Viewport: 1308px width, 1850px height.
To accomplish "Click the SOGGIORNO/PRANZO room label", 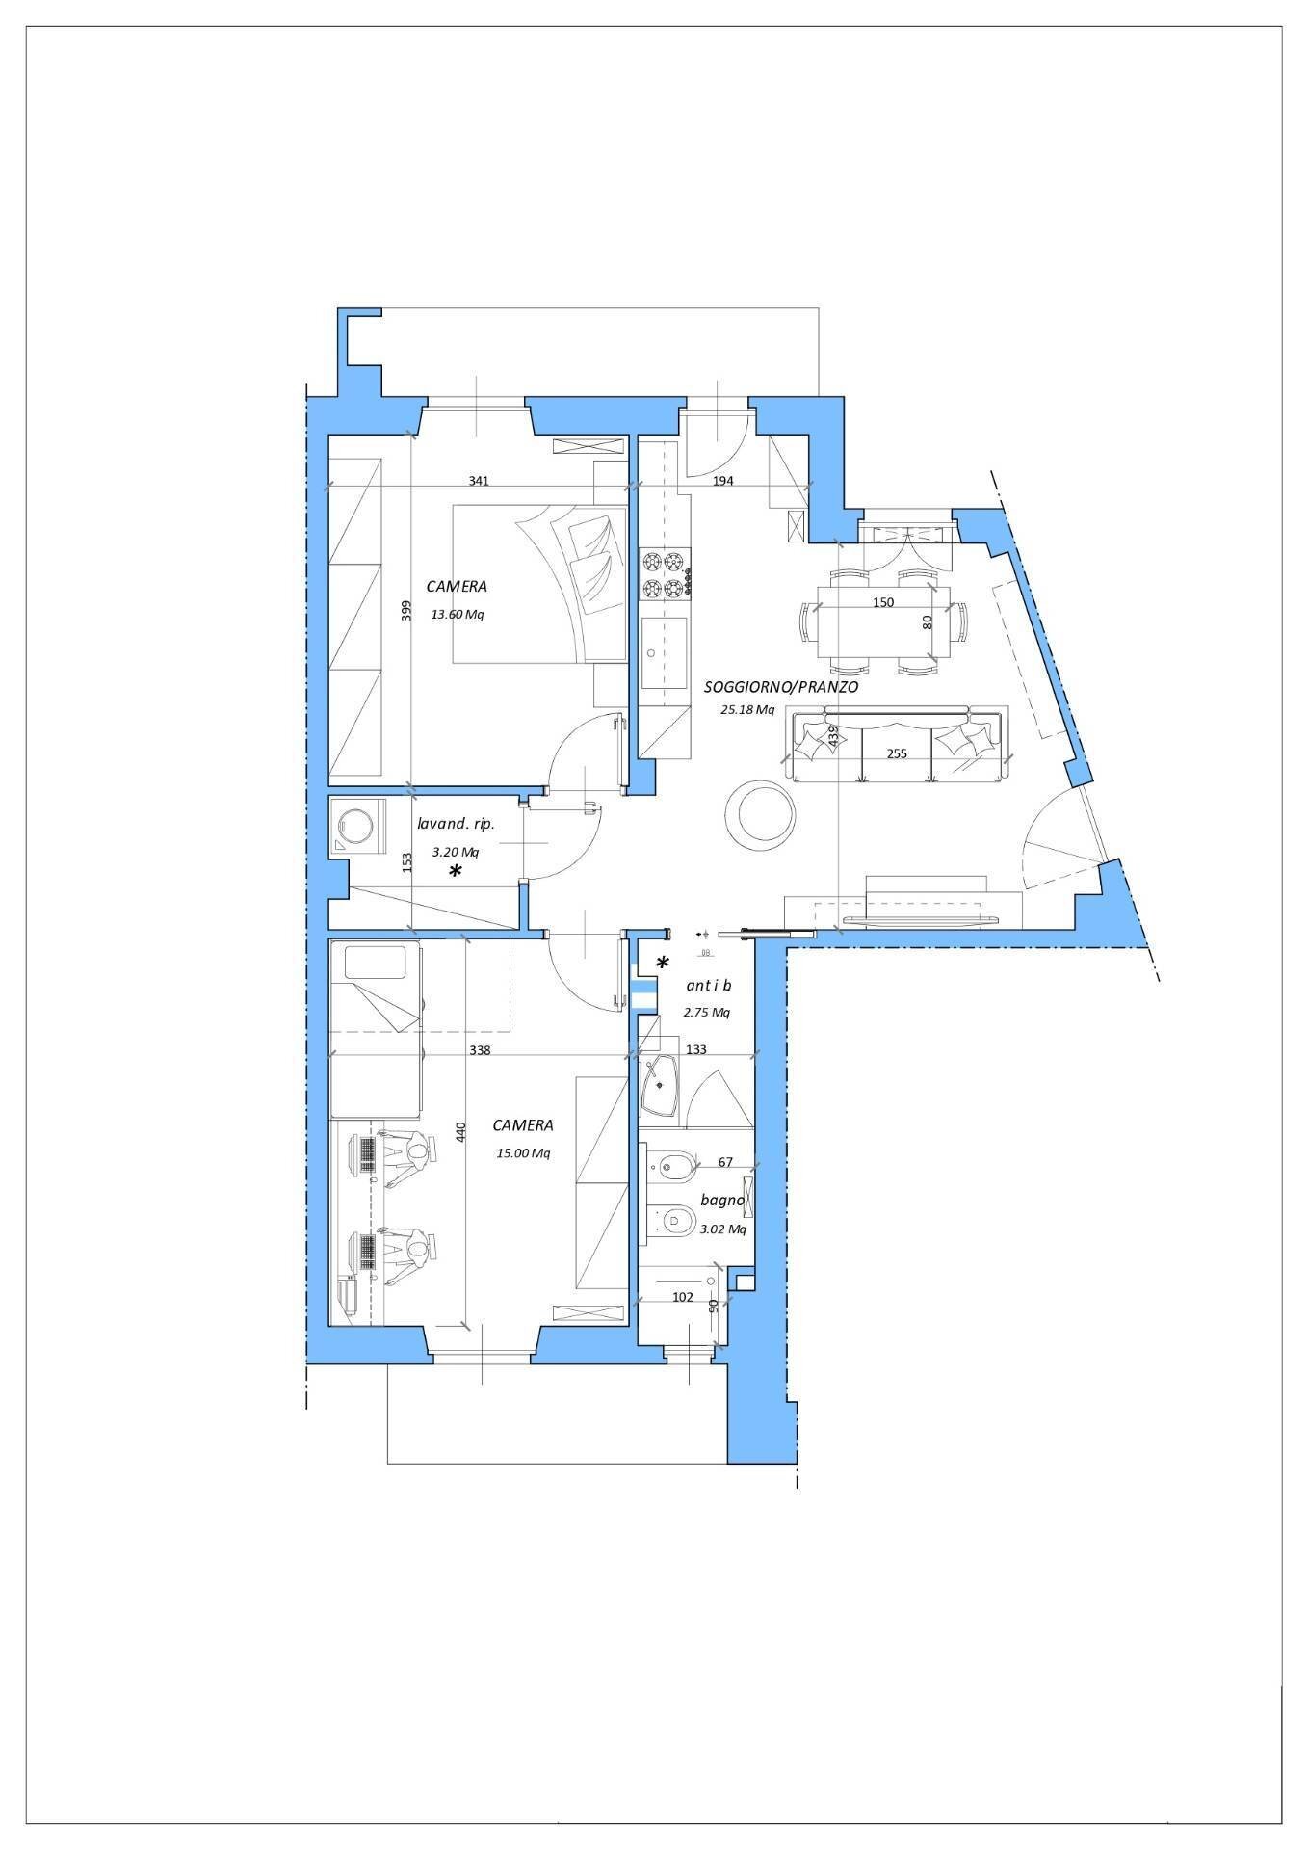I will (x=780, y=687).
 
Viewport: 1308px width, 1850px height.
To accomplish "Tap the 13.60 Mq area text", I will (x=458, y=615).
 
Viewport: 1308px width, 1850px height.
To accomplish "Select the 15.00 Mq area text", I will (x=523, y=1153).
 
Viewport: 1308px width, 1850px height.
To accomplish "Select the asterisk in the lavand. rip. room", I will (x=456, y=872).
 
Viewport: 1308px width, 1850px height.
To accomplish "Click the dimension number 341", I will (x=479, y=480).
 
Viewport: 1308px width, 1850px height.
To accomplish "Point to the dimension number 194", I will (x=722, y=480).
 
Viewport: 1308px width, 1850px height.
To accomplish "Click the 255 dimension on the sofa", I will (x=897, y=753).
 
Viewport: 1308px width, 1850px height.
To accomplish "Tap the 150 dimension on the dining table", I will (x=882, y=602).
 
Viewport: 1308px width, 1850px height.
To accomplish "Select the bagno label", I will (x=722, y=1201).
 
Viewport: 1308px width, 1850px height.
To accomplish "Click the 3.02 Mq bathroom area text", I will (x=722, y=1229).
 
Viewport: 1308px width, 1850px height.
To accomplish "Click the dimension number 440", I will (x=460, y=1133).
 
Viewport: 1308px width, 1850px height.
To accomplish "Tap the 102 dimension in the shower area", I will (x=682, y=1297).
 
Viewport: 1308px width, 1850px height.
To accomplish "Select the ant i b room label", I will (x=708, y=985).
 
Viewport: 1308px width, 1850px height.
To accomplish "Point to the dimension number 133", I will (x=695, y=1049).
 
